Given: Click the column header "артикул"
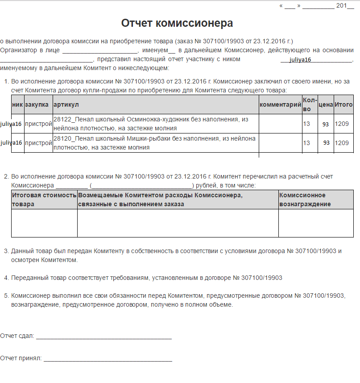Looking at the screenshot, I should (66, 105).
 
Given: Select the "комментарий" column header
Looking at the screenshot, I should (281, 105).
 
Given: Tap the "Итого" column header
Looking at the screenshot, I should (343, 105).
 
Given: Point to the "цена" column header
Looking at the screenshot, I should (326, 105).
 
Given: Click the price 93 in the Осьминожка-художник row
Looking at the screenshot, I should (326, 124).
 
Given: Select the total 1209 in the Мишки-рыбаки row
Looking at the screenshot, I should (342, 143).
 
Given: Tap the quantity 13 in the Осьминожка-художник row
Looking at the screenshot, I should (306, 124).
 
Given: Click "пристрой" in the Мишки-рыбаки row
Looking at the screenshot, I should (38, 143).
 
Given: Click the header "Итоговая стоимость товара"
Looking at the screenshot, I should (44, 200).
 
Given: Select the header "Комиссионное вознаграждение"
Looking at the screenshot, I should (305, 200).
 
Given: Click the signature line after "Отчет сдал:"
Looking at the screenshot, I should (103, 337).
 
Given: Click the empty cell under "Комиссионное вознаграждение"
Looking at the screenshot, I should (316, 223).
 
